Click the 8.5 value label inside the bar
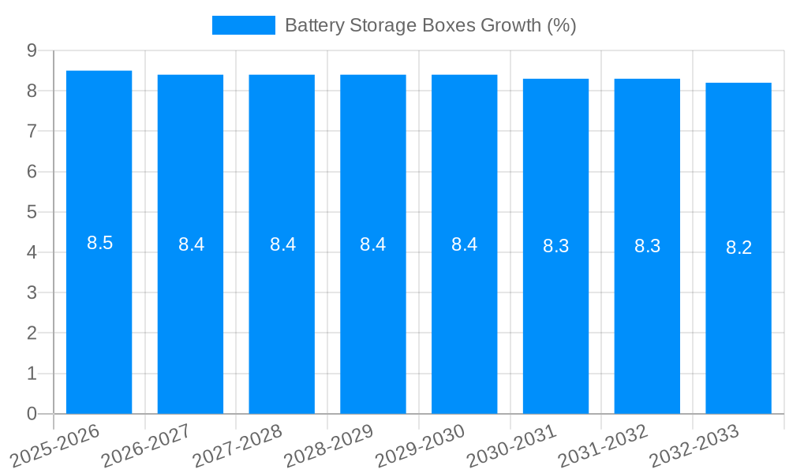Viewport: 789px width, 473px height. click(x=100, y=243)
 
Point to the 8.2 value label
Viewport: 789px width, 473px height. click(x=739, y=248)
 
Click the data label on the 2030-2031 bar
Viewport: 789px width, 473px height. click(x=555, y=246)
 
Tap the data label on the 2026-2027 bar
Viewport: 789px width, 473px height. click(x=191, y=244)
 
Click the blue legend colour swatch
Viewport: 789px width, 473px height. click(x=243, y=25)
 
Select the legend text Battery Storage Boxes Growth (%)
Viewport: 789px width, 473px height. click(x=430, y=25)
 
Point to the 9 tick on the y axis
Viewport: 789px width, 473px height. click(x=32, y=50)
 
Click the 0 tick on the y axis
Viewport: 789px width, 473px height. click(x=32, y=414)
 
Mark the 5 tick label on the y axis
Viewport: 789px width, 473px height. click(x=32, y=212)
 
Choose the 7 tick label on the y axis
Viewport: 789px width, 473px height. click(x=32, y=131)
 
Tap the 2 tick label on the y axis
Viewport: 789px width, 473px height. click(x=32, y=333)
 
